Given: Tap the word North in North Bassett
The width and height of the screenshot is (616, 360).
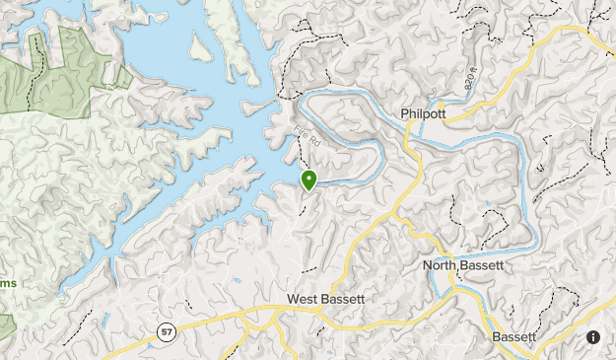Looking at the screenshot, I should (442, 265).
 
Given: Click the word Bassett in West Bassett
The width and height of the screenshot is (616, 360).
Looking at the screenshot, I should (343, 299).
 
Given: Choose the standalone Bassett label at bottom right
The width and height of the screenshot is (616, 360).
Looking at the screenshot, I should (513, 336).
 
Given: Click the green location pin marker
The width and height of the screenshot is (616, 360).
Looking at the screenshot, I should (309, 180).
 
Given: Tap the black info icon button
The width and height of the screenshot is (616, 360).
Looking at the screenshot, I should (593, 337).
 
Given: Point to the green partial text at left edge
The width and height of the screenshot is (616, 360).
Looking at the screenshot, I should (8, 284).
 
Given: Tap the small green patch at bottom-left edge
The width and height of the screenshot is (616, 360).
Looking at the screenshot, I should (6, 325).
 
